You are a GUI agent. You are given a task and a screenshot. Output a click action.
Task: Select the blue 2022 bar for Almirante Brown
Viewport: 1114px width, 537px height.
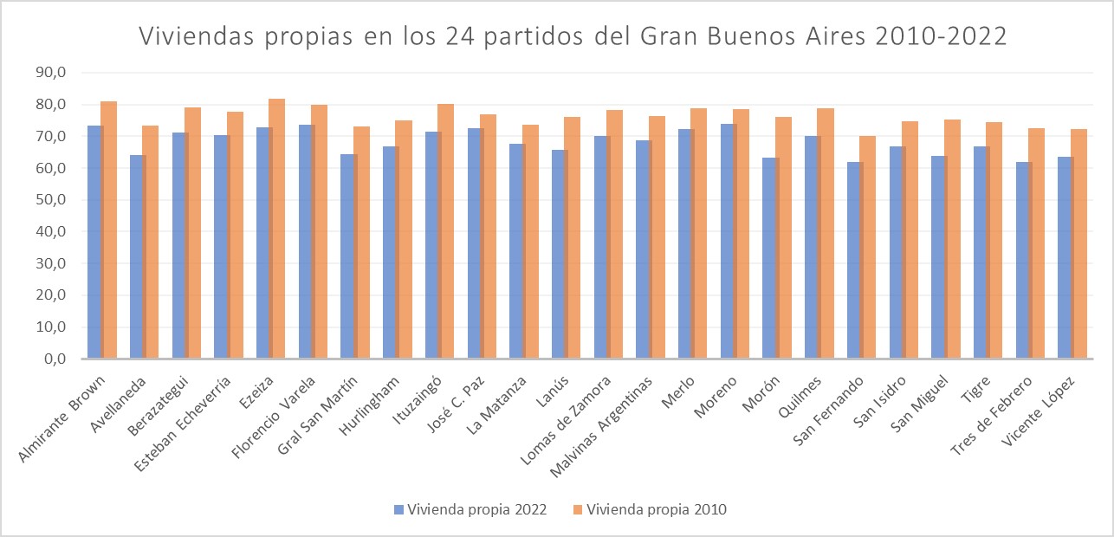point(94,243)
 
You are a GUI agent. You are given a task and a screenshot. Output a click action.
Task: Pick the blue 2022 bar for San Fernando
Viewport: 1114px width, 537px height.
point(855,260)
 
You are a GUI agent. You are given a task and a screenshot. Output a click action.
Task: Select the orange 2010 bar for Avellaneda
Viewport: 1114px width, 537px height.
point(151,243)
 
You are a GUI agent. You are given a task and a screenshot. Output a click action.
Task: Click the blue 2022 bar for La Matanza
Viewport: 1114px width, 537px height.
point(517,251)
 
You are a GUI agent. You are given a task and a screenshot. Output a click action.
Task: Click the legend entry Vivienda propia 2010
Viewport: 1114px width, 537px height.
point(650,509)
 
